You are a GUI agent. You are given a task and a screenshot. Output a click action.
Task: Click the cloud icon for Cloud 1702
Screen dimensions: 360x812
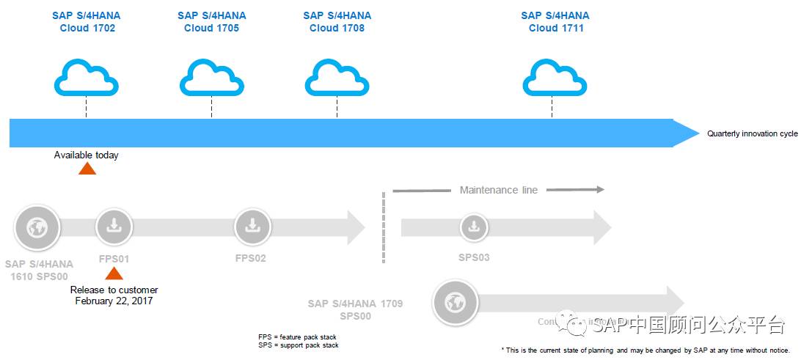point(87,78)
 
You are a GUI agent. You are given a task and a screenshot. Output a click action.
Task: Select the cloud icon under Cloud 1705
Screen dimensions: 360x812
point(212,78)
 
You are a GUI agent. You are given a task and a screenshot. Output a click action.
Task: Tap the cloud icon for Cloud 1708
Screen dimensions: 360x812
point(337,78)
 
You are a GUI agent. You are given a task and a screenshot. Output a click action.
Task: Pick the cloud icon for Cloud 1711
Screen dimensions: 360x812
point(555,78)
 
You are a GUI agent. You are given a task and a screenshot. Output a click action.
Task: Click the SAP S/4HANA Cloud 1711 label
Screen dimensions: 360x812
point(555,22)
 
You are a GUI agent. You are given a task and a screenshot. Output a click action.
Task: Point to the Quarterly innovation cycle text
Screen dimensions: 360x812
point(752,134)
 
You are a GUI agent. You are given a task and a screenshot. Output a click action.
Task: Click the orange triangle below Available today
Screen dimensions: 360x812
point(87,169)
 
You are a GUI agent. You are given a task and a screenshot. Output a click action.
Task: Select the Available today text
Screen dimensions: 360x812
point(86,155)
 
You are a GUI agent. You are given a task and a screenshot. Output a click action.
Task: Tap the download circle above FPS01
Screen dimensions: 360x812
point(114,227)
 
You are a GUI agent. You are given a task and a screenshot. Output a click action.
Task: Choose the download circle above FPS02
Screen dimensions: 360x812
point(252,227)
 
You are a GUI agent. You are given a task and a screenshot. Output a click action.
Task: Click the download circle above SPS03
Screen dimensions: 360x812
point(474,227)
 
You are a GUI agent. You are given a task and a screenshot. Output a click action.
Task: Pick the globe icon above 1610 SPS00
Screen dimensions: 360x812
point(37,227)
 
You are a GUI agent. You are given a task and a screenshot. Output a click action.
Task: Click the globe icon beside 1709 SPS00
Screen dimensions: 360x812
point(456,301)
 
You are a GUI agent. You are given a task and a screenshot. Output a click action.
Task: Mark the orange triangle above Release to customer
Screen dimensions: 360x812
point(114,273)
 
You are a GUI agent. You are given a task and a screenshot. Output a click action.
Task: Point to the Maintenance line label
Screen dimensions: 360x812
point(498,190)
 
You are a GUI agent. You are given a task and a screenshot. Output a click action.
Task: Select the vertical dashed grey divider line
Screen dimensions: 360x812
point(383,227)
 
